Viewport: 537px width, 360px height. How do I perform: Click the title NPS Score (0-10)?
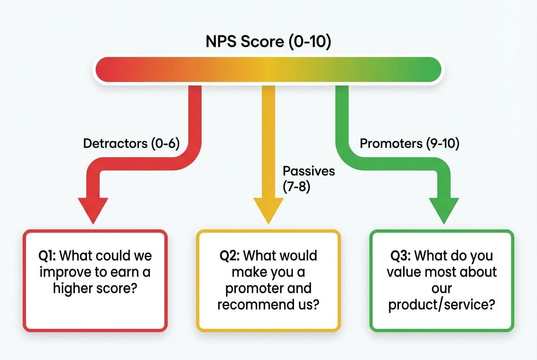click(x=268, y=42)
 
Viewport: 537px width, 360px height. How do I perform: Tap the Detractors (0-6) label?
click(x=131, y=144)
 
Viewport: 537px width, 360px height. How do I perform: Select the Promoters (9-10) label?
click(x=410, y=144)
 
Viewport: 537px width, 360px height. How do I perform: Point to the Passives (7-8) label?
click(x=309, y=179)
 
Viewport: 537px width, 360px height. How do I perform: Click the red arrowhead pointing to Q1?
click(x=93, y=208)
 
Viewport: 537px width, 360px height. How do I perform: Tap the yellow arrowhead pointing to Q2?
click(x=268, y=208)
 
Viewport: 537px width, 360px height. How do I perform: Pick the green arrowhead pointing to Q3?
click(x=444, y=208)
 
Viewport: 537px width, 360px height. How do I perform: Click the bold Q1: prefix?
click(x=47, y=256)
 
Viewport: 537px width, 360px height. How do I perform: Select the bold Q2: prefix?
click(x=229, y=256)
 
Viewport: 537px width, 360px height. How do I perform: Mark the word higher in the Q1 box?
click(x=73, y=289)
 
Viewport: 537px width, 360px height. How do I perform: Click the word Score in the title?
click(x=263, y=42)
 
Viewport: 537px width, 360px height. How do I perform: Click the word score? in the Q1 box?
click(x=117, y=288)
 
